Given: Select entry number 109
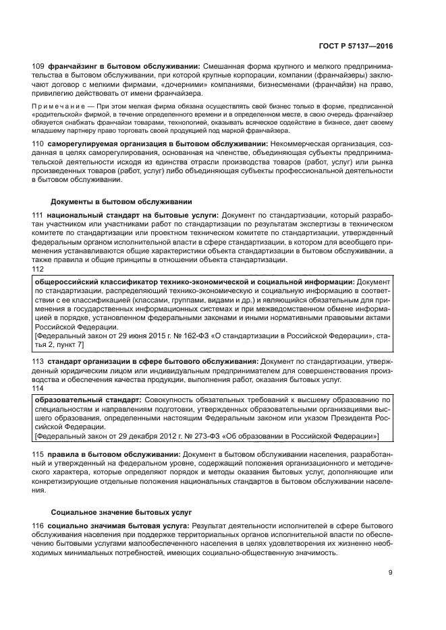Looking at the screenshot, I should (x=38, y=66).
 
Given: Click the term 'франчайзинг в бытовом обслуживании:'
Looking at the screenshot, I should (x=122, y=66).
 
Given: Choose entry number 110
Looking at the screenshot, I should (x=38, y=145).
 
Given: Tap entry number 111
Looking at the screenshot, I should (x=38, y=215).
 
